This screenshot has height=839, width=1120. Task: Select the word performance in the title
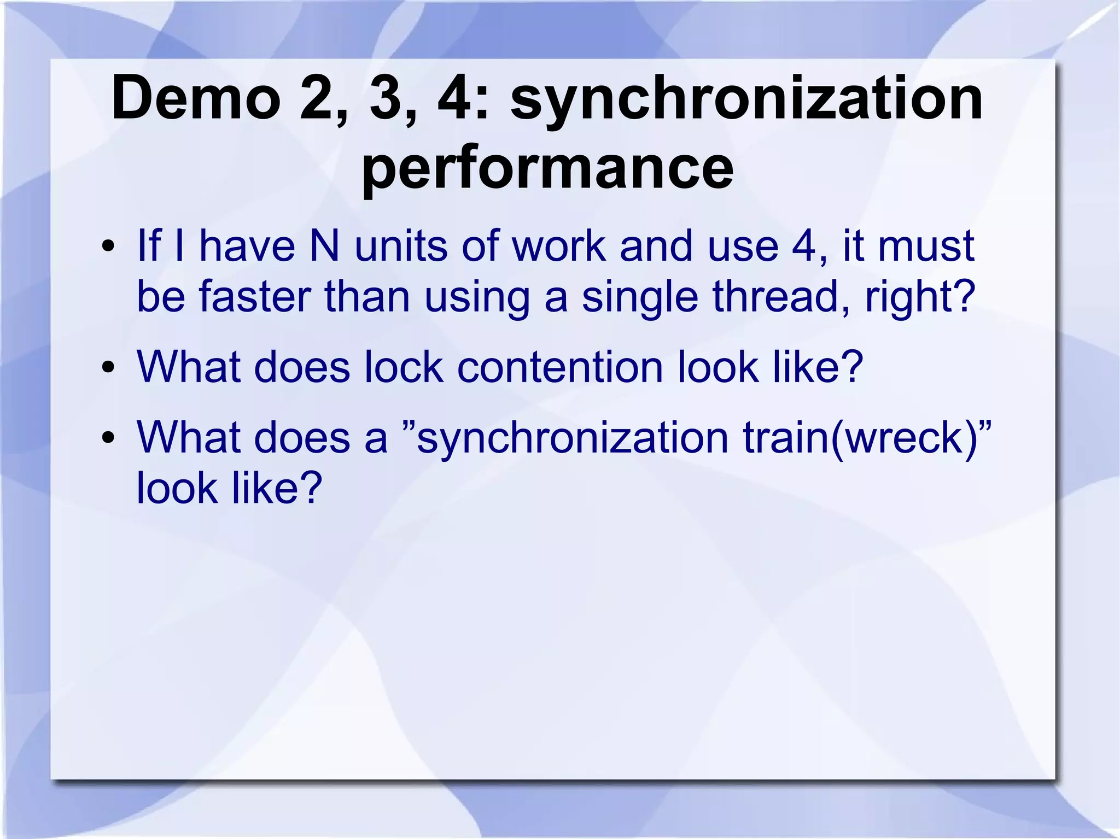point(547,167)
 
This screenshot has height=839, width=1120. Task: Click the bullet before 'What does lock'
point(108,367)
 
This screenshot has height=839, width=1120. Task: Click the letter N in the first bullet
point(324,246)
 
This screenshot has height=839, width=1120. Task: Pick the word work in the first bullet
point(558,246)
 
